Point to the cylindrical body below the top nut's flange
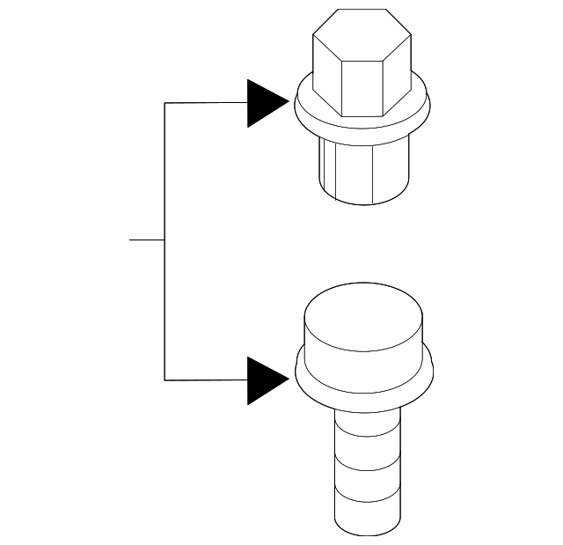point(362,172)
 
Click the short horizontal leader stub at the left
point(146,239)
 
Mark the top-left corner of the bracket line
point(165,104)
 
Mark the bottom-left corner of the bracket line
point(165,380)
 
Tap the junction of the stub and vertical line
point(165,239)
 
